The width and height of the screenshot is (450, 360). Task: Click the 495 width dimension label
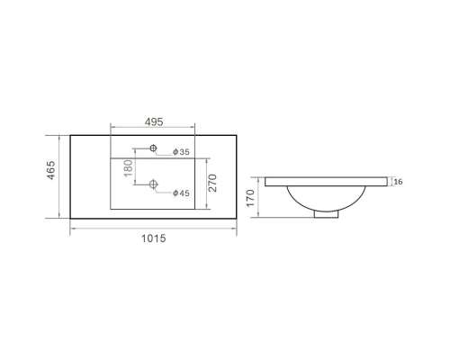coord(154,121)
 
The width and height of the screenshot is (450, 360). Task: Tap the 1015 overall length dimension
coord(153,238)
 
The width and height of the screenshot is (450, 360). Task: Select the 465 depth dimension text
coord(51,170)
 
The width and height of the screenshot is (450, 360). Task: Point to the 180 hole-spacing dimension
coord(128,168)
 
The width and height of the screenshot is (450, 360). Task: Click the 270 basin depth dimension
coord(212,183)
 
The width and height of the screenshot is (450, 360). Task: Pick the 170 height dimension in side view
coord(250,198)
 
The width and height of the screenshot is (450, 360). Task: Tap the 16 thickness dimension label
coord(398,182)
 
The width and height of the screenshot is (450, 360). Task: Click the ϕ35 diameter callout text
coord(181,152)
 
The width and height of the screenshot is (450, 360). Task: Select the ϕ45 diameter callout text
coord(181,193)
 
